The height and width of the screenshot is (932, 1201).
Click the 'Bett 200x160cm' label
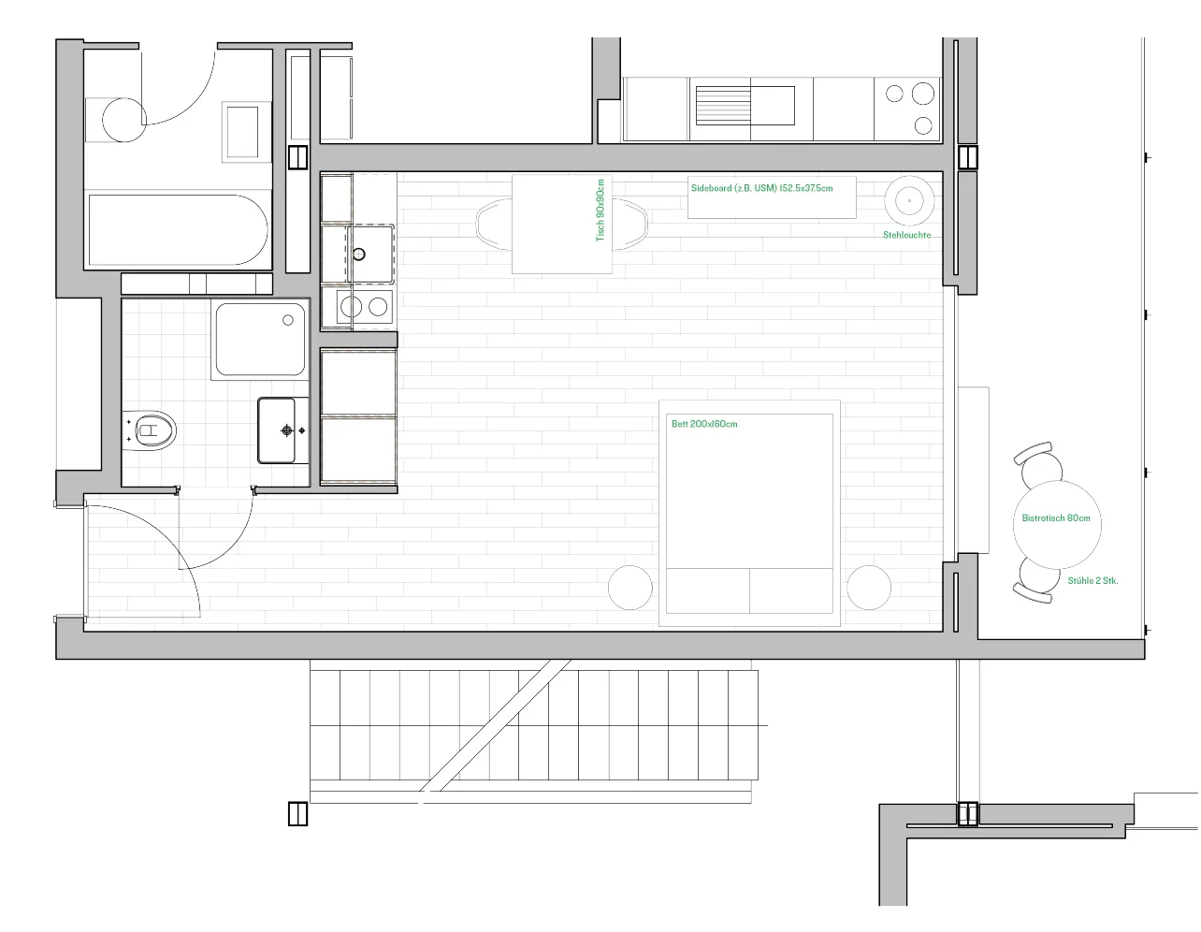click(704, 424)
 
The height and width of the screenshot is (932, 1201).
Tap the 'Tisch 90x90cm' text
click(600, 210)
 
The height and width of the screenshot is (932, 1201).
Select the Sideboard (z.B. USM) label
click(761, 188)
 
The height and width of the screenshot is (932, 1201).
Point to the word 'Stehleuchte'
click(906, 235)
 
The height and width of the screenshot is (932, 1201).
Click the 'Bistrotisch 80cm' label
click(1056, 518)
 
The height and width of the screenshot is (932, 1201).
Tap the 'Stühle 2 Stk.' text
click(1092, 580)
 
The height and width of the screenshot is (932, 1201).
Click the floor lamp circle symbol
click(909, 200)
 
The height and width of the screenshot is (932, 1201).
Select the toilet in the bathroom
click(150, 430)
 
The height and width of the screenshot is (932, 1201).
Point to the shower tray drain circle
click(288, 320)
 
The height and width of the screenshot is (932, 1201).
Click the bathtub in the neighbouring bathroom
click(178, 229)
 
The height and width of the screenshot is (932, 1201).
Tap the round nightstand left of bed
click(630, 588)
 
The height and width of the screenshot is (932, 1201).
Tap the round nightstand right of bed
click(869, 588)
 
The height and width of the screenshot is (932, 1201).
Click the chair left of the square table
click(494, 224)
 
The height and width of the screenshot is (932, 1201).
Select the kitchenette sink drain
click(359, 255)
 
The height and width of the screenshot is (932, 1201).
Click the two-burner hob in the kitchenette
click(365, 306)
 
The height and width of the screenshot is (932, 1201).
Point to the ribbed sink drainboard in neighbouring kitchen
click(723, 106)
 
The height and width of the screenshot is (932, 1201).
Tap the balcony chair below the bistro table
click(1036, 580)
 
